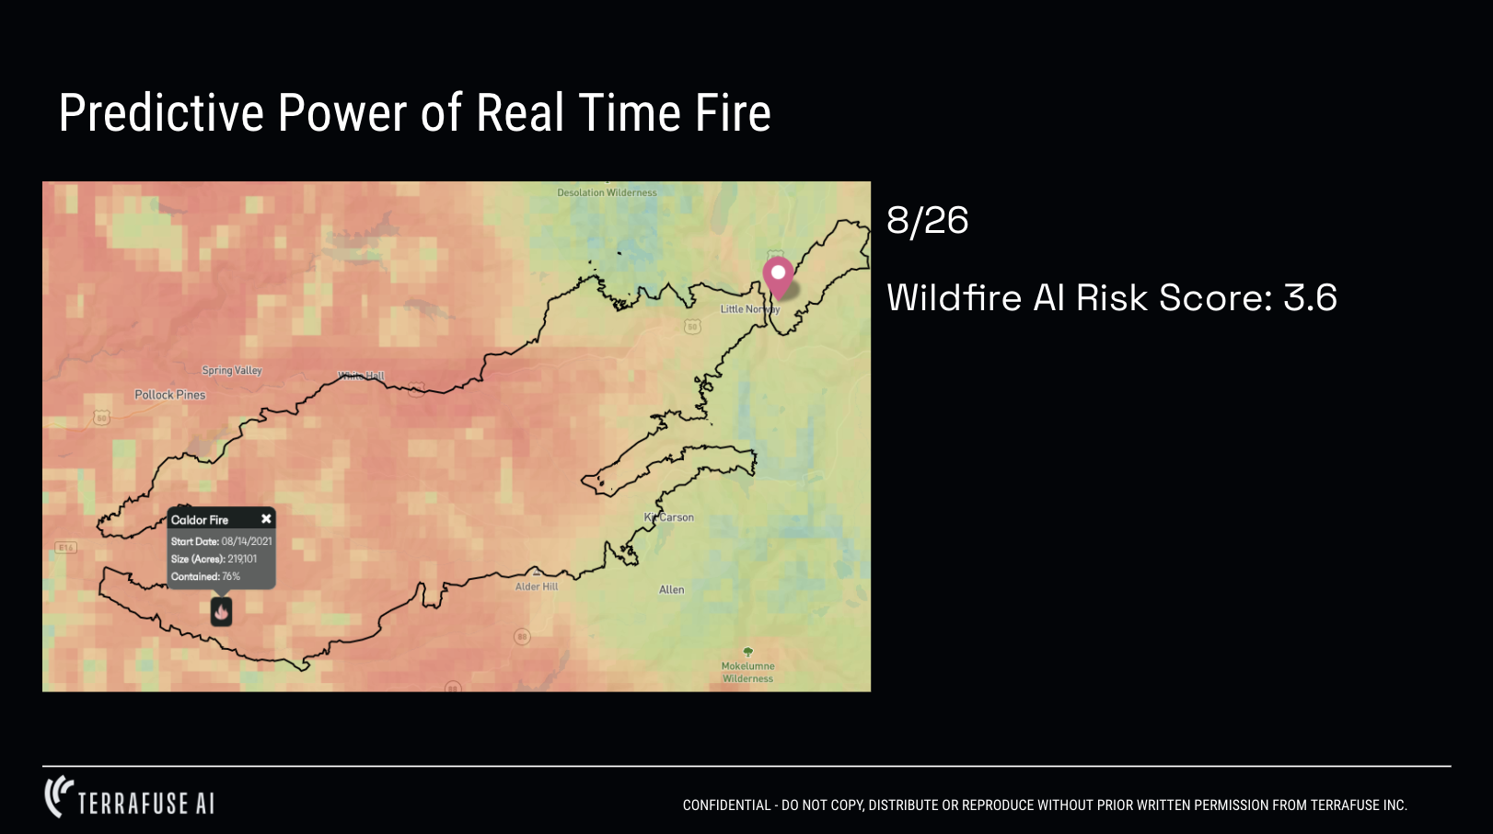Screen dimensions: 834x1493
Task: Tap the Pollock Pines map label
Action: (170, 395)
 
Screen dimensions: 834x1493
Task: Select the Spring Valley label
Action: (232, 370)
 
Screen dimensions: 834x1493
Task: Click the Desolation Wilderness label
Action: (607, 193)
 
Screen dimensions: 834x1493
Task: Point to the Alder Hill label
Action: (537, 586)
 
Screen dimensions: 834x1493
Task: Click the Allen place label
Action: (672, 590)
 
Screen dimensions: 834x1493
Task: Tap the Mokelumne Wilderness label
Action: (747, 672)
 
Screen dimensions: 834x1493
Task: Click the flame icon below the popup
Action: (221, 611)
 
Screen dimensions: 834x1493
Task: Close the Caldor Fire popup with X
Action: (266, 519)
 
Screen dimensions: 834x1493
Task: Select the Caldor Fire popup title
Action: (200, 520)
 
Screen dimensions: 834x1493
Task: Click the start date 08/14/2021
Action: (247, 541)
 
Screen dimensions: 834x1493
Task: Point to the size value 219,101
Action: (242, 559)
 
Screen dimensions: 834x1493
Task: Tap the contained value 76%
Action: (231, 576)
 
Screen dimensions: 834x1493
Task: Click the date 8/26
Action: (927, 221)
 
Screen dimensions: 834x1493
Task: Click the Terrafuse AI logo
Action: (130, 799)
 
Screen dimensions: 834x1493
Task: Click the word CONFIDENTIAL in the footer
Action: (726, 805)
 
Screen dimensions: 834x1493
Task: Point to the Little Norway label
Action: (749, 309)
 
